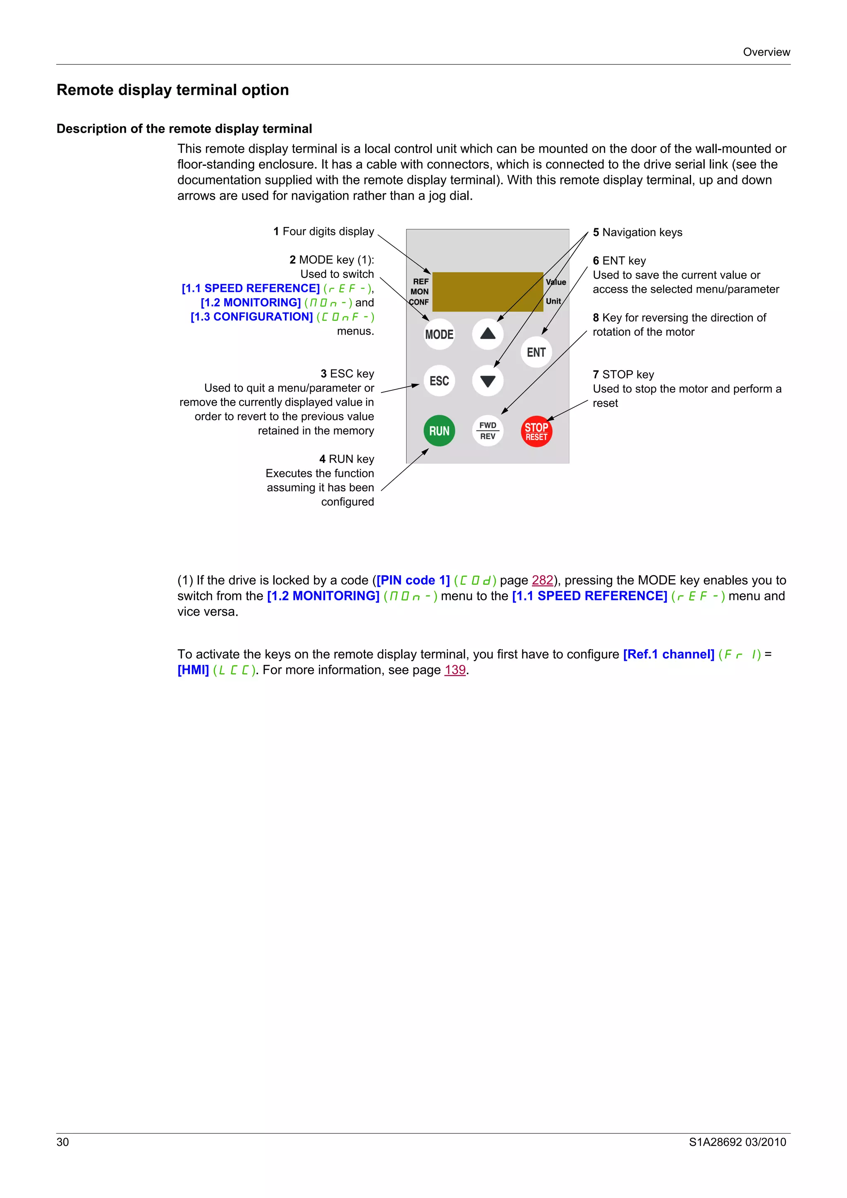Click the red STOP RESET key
[536, 431]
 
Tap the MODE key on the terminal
[439, 335]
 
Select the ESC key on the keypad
[439, 381]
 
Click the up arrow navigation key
[488, 334]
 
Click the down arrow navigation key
[488, 381]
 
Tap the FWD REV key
[488, 431]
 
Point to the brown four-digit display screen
[488, 292]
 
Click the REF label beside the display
[421, 282]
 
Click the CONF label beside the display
[419, 302]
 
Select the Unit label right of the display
[553, 301]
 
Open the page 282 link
[542, 580]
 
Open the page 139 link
[455, 670]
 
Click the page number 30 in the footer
[62, 1142]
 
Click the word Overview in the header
[766, 52]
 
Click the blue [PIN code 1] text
[413, 580]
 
